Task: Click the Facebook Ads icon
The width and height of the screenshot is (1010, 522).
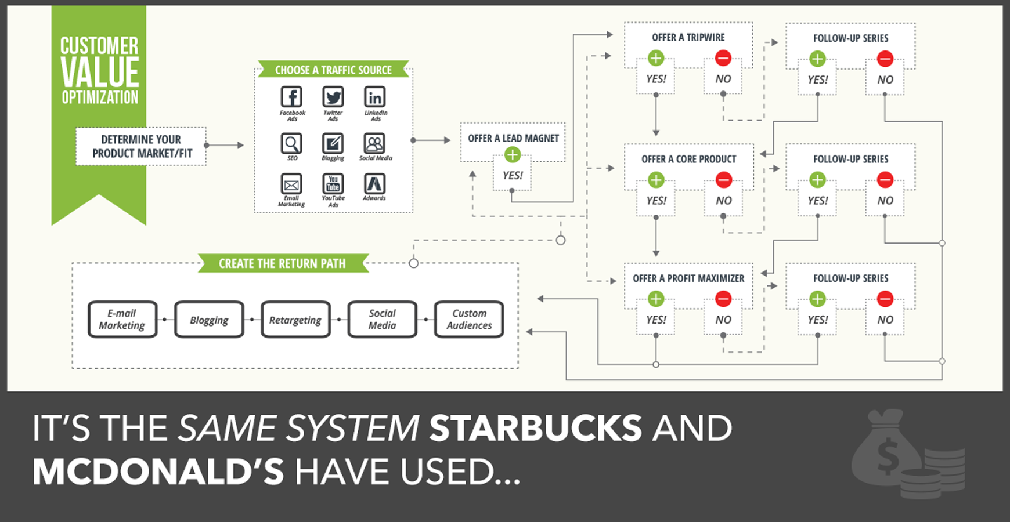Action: [x=291, y=97]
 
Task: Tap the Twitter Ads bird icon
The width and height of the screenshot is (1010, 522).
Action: [x=333, y=97]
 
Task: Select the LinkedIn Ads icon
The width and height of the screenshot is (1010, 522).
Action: [x=375, y=97]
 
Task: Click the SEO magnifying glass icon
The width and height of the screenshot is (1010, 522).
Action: [x=291, y=143]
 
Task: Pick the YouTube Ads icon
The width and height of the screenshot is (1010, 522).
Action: [x=333, y=184]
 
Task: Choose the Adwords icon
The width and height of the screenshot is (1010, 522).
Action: [x=374, y=184]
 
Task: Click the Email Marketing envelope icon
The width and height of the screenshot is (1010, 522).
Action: [x=291, y=184]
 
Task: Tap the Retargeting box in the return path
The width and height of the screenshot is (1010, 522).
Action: [x=295, y=320]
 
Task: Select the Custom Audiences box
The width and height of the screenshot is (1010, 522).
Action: [x=469, y=320]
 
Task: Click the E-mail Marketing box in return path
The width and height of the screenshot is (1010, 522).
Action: [x=122, y=320]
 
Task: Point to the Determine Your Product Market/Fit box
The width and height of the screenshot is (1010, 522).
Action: [x=141, y=147]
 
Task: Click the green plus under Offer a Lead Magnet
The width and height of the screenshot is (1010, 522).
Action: [x=512, y=155]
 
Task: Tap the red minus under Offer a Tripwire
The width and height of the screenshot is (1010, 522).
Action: [x=723, y=58]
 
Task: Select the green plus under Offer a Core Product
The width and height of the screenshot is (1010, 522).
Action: [x=656, y=180]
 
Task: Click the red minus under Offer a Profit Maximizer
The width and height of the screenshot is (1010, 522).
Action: [x=723, y=299]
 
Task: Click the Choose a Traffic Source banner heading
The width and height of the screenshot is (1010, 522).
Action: [x=333, y=70]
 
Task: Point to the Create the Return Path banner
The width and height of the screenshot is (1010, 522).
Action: [x=283, y=264]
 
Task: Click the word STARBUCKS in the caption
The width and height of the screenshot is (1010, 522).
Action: [x=536, y=428]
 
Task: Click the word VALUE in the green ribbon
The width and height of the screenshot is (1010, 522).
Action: [x=100, y=72]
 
